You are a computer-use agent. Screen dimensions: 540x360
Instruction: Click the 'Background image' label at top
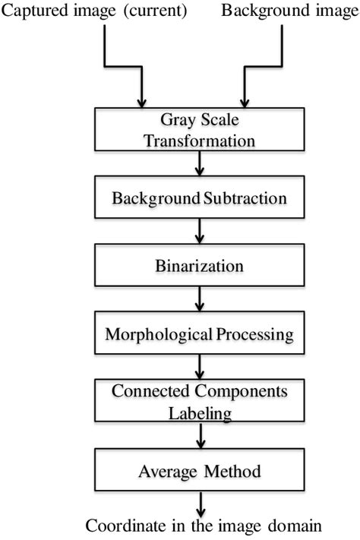coord(289,11)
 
